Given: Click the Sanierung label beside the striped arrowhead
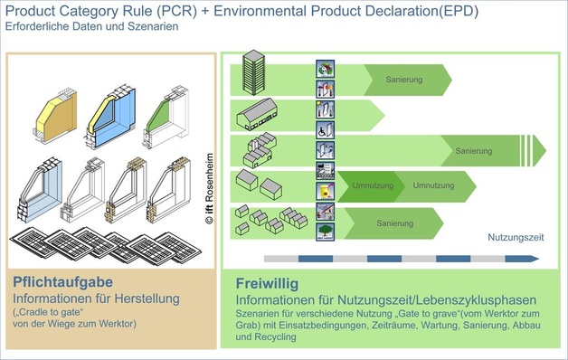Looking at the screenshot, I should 473,150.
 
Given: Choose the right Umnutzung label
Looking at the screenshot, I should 431,185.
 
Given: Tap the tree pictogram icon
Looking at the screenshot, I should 326,230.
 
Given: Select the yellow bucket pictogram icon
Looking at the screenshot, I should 326,191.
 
